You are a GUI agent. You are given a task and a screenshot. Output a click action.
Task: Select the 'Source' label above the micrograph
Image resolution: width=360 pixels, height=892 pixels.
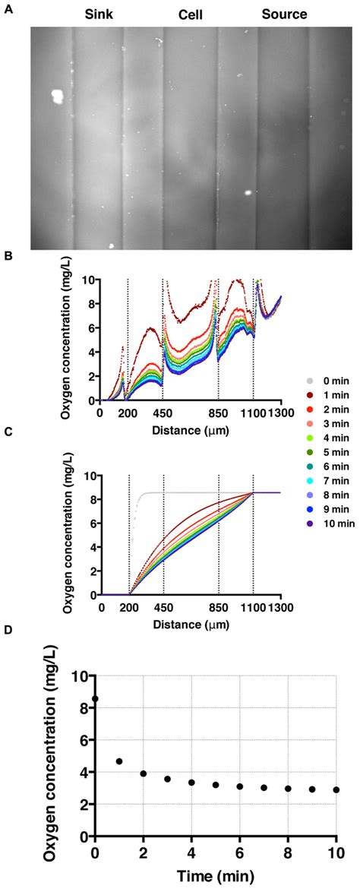[x=284, y=14]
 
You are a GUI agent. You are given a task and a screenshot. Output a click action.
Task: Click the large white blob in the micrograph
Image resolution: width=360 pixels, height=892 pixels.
[x=56, y=96]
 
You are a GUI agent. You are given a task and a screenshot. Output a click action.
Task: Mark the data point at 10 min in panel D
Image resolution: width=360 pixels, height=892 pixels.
[x=336, y=789]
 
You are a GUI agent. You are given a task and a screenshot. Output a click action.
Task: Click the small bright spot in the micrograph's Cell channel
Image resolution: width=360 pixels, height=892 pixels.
[x=248, y=192]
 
